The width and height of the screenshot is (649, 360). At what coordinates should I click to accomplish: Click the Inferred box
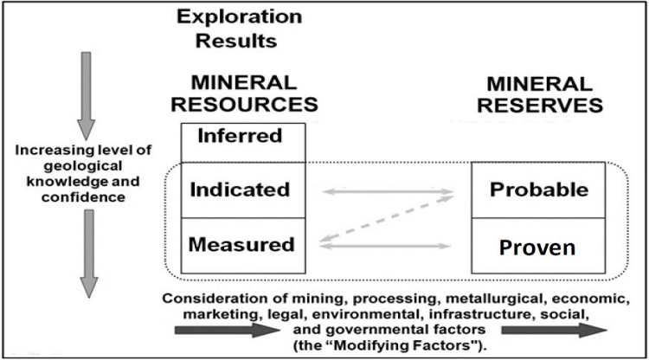(243, 142)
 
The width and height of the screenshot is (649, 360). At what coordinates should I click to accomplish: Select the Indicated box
(243, 190)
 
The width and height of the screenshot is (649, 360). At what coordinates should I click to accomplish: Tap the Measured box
(243, 246)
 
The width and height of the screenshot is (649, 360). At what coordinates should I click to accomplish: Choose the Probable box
(538, 190)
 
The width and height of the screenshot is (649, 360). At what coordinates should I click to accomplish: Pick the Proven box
(538, 246)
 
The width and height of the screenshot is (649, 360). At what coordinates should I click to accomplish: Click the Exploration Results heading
(239, 29)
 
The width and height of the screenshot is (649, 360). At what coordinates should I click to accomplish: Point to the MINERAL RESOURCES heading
(244, 94)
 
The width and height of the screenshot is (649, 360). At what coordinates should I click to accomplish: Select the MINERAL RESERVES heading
(540, 95)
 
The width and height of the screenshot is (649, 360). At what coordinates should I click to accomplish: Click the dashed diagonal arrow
(387, 218)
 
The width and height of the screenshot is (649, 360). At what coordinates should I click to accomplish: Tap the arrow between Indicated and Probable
(389, 191)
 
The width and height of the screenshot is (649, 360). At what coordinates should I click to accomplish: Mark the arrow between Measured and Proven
(385, 246)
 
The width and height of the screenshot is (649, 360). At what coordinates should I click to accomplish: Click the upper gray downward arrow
(86, 96)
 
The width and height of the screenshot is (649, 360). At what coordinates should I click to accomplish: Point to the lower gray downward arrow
(88, 254)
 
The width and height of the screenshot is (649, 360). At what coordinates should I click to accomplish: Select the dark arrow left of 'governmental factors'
(228, 331)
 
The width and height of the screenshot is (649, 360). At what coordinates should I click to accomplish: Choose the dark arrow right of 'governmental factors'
(554, 331)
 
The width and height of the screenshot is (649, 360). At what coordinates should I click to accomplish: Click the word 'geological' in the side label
(83, 166)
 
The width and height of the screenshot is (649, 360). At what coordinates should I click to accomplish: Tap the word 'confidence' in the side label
(83, 197)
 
